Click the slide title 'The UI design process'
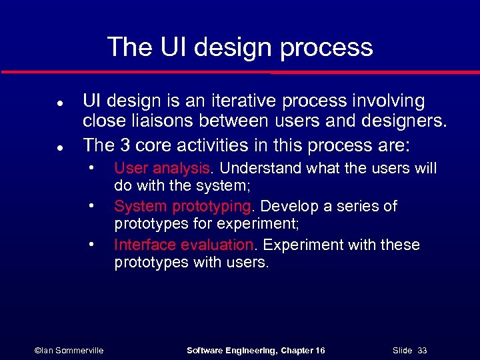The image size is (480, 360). (x=240, y=47)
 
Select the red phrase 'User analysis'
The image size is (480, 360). (x=161, y=168)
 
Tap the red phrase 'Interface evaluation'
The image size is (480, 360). (x=184, y=245)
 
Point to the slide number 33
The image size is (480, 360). (x=422, y=350)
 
